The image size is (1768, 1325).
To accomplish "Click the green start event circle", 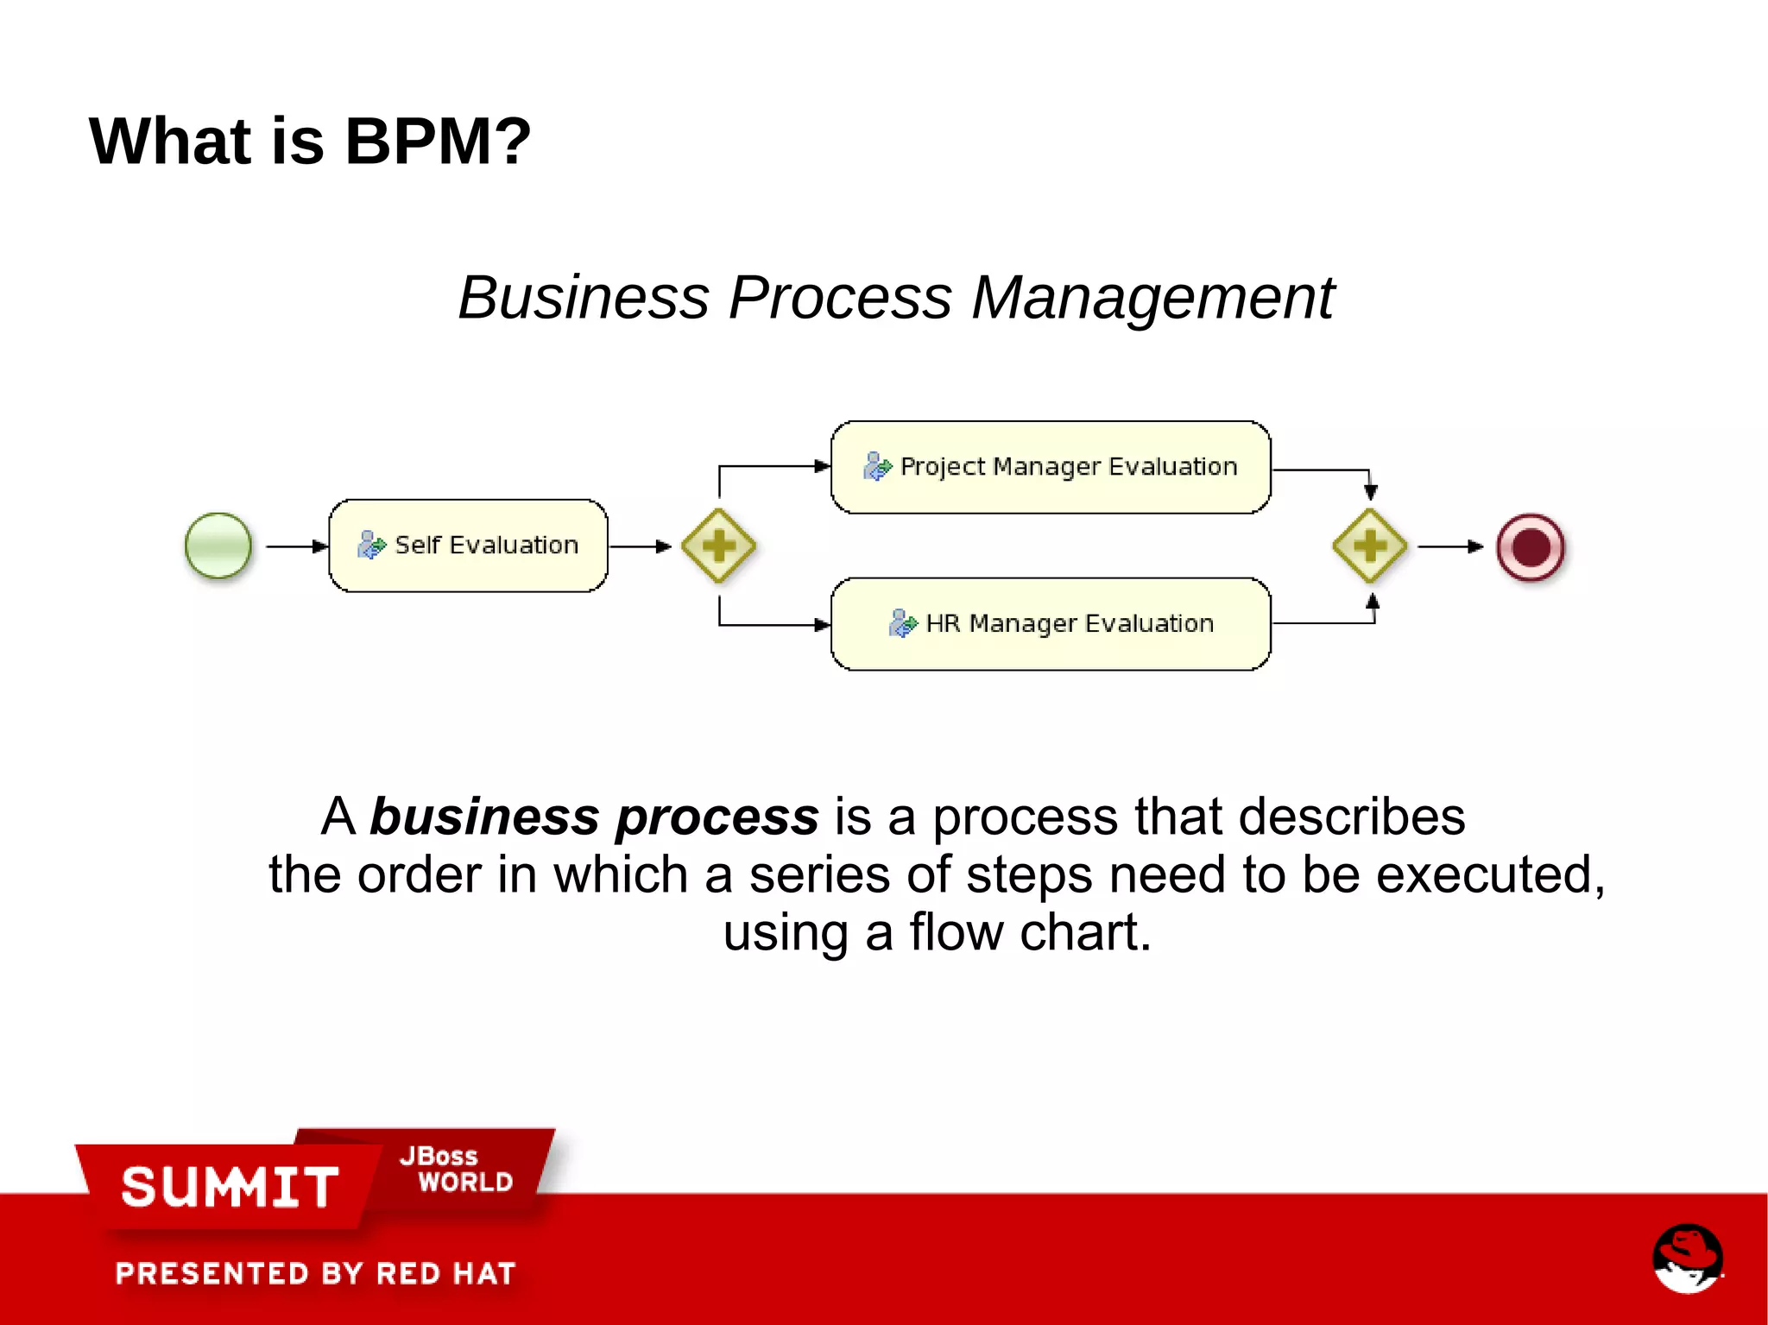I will tap(218, 546).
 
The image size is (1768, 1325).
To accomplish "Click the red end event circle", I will tap(1531, 547).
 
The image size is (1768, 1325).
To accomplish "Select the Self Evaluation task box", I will tap(468, 546).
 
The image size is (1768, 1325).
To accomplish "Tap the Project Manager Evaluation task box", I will tap(1051, 467).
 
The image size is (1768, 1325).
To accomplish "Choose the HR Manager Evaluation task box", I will tap(1051, 623).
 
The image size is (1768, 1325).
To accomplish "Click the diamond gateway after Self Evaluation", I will tap(718, 546).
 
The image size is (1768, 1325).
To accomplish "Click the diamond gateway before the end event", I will tap(1370, 546).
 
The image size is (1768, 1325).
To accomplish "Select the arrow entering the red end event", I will tap(1450, 546).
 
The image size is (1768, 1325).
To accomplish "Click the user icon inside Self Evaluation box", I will tap(371, 545).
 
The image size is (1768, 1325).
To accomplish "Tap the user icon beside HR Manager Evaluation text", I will tap(902, 623).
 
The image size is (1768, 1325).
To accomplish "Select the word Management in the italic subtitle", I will tap(1153, 298).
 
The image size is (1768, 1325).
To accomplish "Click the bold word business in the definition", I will tap(484, 817).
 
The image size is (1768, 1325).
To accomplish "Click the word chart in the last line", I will tap(1085, 932).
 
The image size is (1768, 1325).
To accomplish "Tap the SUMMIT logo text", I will tap(230, 1187).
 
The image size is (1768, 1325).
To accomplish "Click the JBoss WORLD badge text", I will tap(456, 1169).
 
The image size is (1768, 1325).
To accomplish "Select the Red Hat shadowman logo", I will tap(1687, 1258).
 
